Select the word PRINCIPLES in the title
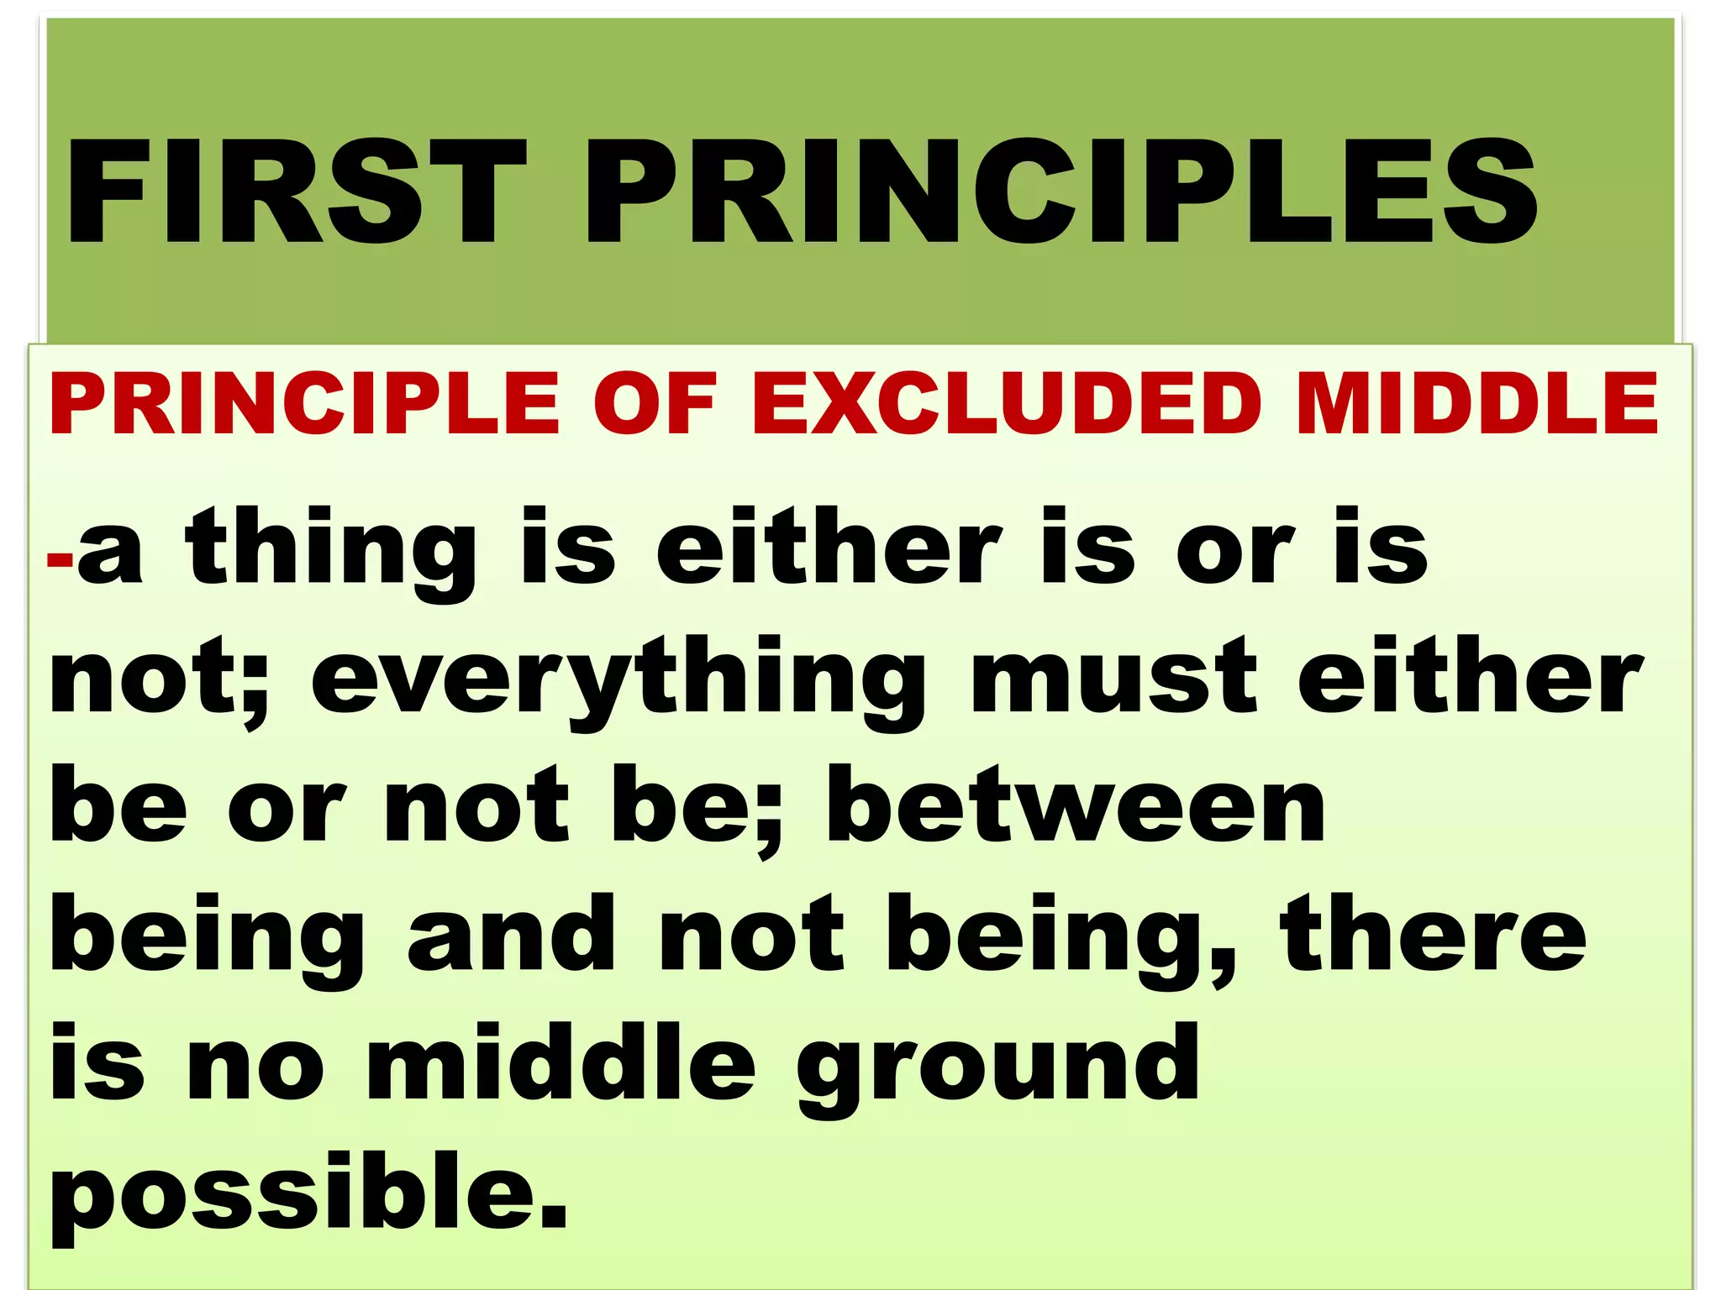click(x=1060, y=192)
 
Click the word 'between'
click(x=1076, y=806)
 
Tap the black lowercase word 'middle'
click(x=561, y=1062)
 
